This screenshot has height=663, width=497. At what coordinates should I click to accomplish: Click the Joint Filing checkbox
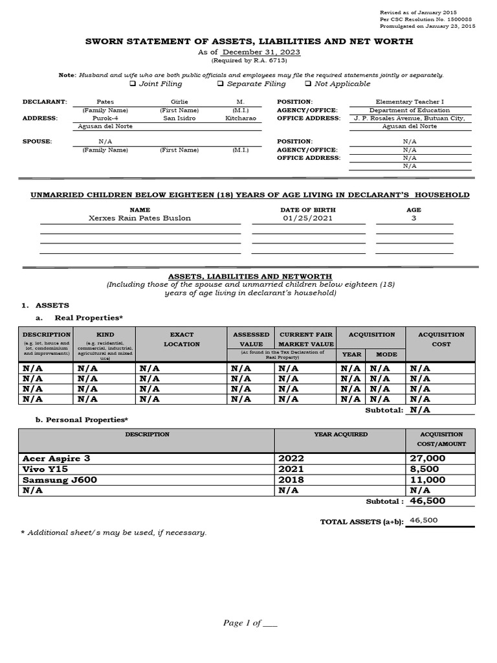tap(132, 84)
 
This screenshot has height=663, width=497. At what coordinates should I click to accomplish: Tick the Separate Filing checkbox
tap(221, 84)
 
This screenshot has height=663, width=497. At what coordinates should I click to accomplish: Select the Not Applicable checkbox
tap(308, 84)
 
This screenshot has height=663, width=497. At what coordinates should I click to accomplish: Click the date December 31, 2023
tap(261, 52)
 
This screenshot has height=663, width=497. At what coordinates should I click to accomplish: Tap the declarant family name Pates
tap(105, 102)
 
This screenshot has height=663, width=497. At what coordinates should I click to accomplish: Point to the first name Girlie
tap(179, 102)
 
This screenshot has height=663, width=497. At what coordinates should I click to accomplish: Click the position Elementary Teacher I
tap(410, 102)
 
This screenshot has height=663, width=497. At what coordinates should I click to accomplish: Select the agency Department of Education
tap(410, 110)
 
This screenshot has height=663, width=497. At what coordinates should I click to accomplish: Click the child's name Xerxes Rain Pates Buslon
tap(140, 218)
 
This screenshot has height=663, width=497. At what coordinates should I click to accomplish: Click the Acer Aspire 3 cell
tap(57, 458)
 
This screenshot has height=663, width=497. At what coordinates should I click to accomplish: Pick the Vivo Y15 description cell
tap(45, 469)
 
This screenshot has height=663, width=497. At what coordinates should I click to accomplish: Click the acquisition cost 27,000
tap(427, 458)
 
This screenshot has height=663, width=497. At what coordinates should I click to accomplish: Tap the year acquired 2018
tap(291, 480)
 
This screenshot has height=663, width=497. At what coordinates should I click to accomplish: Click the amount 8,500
tap(424, 469)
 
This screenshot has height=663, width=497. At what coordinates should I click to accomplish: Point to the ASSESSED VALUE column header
tap(251, 339)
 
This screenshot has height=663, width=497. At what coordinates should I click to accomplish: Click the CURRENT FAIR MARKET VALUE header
tap(305, 339)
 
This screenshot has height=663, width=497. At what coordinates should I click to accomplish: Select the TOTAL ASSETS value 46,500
tap(424, 520)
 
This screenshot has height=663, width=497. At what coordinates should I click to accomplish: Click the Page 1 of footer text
tap(250, 623)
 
